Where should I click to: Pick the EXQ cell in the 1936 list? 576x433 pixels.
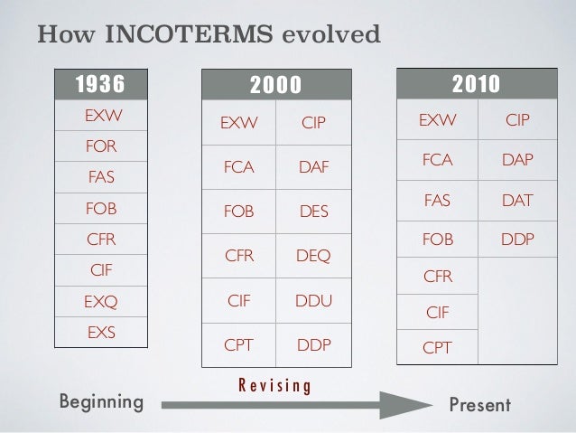click(100, 301)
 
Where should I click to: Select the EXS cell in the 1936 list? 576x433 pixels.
click(100, 332)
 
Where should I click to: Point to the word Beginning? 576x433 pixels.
click(100, 400)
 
